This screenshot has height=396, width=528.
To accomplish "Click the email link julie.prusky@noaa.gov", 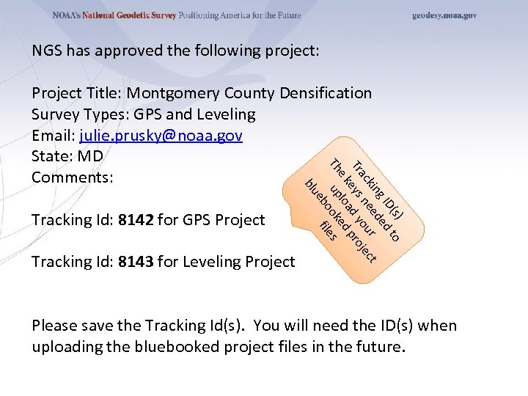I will point(161,136).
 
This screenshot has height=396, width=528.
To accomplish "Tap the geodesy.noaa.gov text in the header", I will point(444,15).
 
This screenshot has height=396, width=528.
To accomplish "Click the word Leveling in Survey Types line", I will point(226,114).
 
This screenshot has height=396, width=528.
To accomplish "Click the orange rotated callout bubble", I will point(352,209).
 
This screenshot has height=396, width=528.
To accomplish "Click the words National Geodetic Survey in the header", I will point(129,15).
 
